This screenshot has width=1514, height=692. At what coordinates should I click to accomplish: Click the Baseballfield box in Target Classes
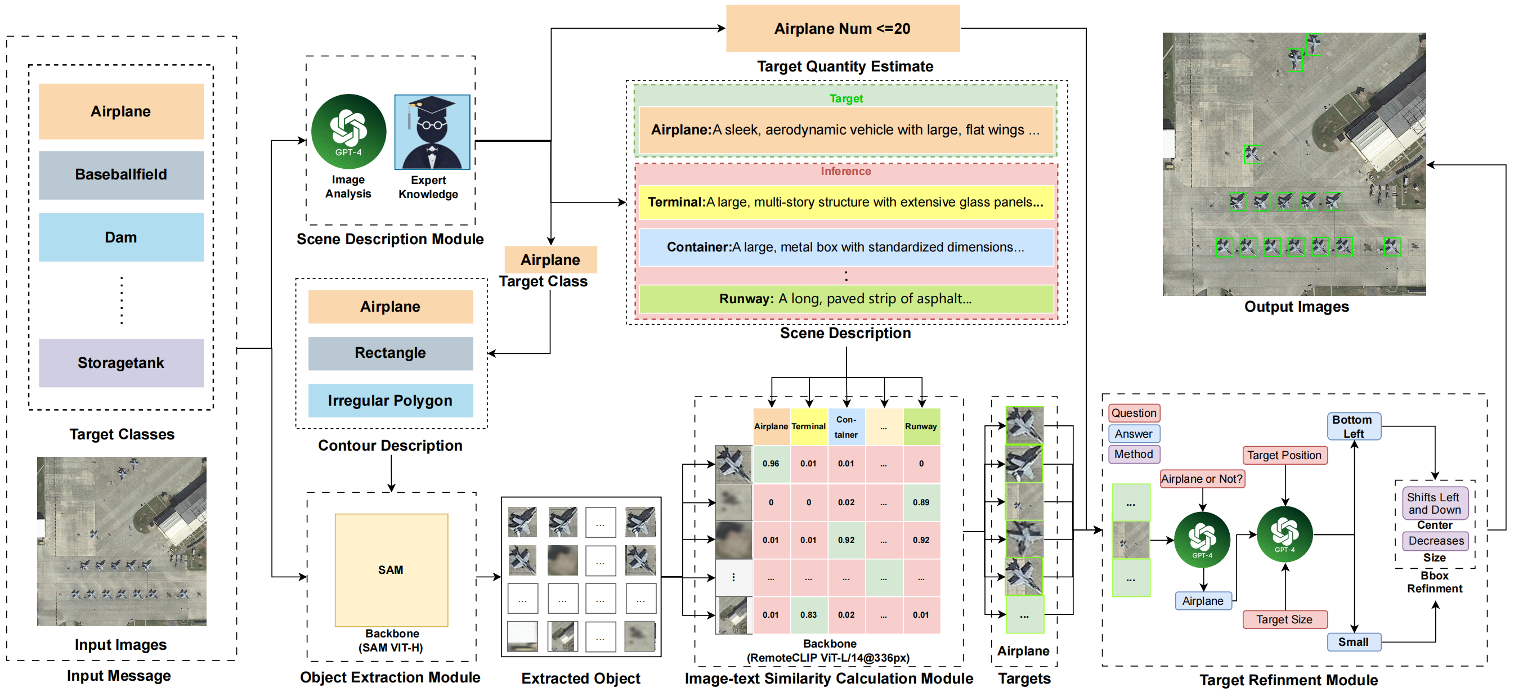click(121, 174)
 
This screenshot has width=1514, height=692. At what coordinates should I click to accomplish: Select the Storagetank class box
click(121, 362)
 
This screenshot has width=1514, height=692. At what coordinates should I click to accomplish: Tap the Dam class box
click(121, 237)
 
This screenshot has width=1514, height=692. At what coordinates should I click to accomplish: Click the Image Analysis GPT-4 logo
click(348, 132)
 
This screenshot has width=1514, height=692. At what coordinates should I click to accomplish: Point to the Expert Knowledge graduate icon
click(432, 132)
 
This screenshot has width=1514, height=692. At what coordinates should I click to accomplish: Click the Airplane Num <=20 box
click(842, 28)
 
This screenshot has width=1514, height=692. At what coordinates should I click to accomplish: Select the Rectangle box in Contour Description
click(390, 353)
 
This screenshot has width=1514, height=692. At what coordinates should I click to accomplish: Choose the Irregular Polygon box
click(390, 401)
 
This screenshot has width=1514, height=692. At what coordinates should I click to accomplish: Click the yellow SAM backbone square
click(391, 570)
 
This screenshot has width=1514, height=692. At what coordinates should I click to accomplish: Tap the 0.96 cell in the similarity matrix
click(771, 464)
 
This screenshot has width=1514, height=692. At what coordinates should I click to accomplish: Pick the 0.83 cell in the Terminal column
click(808, 614)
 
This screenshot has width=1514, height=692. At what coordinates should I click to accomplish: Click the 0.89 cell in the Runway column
click(921, 502)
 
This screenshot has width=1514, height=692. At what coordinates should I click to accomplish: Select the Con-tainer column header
click(846, 427)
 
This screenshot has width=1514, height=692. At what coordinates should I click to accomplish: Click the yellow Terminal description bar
click(846, 202)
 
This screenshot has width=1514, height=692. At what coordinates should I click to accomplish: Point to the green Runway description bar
click(846, 299)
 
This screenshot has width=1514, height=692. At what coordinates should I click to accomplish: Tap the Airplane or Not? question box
click(1202, 479)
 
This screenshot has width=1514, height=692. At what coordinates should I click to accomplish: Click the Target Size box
click(1284, 619)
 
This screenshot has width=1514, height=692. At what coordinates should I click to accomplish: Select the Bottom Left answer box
click(1354, 426)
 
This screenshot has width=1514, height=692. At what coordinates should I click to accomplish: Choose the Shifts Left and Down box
click(1434, 504)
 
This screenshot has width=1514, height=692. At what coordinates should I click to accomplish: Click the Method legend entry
click(1134, 454)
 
